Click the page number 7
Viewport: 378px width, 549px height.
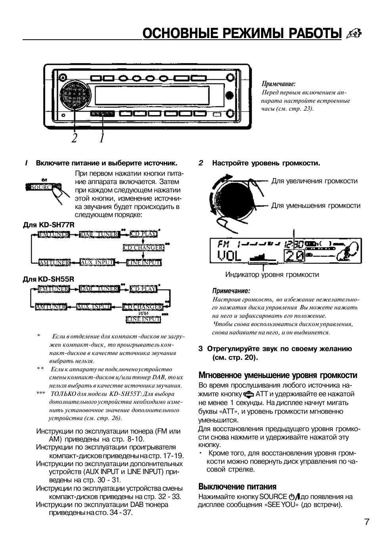[x=367, y=522]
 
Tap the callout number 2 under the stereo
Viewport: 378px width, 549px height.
[x=74, y=138]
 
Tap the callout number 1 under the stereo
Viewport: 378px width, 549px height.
[x=102, y=138]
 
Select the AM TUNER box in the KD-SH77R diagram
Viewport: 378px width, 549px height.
[x=54, y=263]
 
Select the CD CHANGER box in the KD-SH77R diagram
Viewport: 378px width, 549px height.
[x=143, y=248]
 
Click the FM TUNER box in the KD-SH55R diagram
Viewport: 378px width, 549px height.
[x=54, y=289]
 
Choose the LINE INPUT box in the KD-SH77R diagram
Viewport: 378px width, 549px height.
[x=143, y=263]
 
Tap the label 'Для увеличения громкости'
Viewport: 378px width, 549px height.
[x=314, y=181]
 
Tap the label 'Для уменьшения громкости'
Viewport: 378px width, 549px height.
[x=316, y=205]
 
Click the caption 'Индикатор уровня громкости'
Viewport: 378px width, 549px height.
[x=272, y=274]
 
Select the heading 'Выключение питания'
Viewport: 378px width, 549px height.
[x=237, y=486]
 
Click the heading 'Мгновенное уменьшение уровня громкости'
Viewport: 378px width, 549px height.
[x=277, y=375]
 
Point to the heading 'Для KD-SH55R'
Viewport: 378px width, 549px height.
[x=48, y=279]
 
